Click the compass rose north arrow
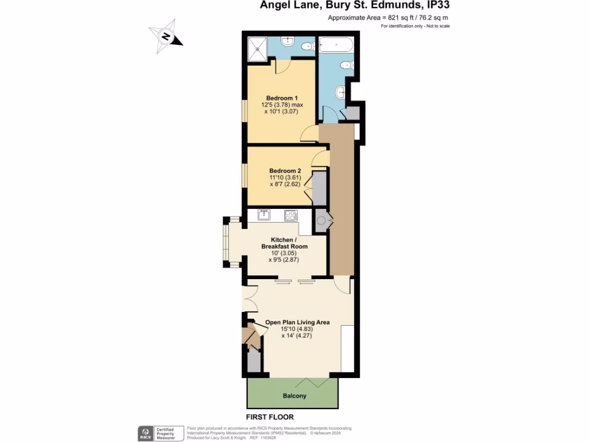point(166,36)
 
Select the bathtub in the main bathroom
point(338,44)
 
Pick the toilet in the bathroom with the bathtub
point(347,66)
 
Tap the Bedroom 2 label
point(285,171)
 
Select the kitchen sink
point(264,215)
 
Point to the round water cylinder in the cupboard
point(320,220)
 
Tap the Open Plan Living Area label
point(297,322)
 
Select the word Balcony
point(294,396)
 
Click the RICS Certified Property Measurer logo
point(156,433)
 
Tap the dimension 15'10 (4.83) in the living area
point(296,329)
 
